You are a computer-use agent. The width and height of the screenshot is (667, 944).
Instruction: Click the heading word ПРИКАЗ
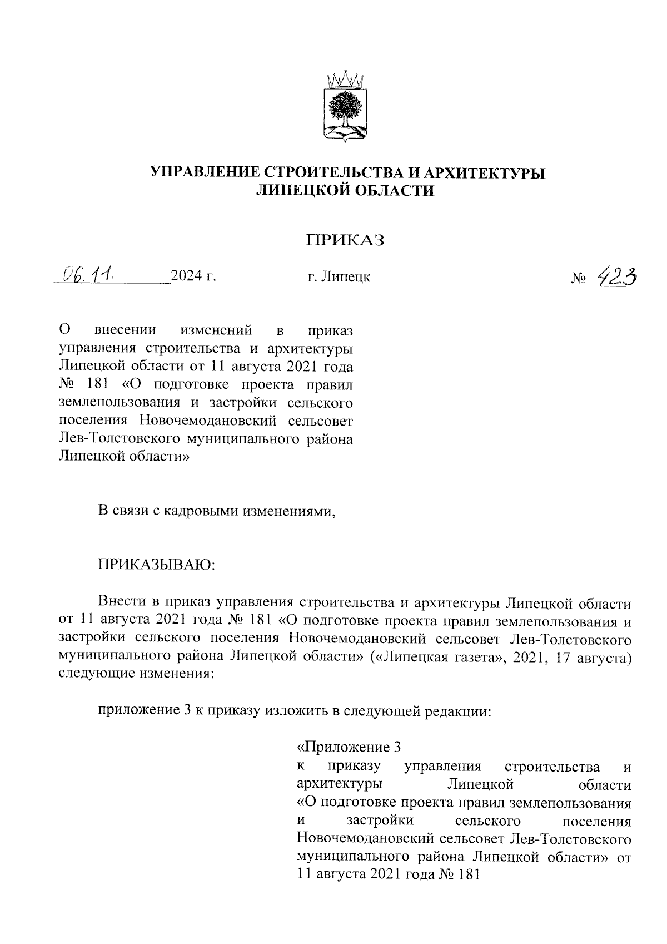(x=346, y=240)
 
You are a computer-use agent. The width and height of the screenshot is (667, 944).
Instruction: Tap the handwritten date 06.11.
(x=89, y=274)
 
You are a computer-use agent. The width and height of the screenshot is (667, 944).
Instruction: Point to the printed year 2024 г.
(x=193, y=276)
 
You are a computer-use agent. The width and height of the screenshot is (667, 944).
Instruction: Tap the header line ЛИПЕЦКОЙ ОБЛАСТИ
(x=344, y=191)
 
